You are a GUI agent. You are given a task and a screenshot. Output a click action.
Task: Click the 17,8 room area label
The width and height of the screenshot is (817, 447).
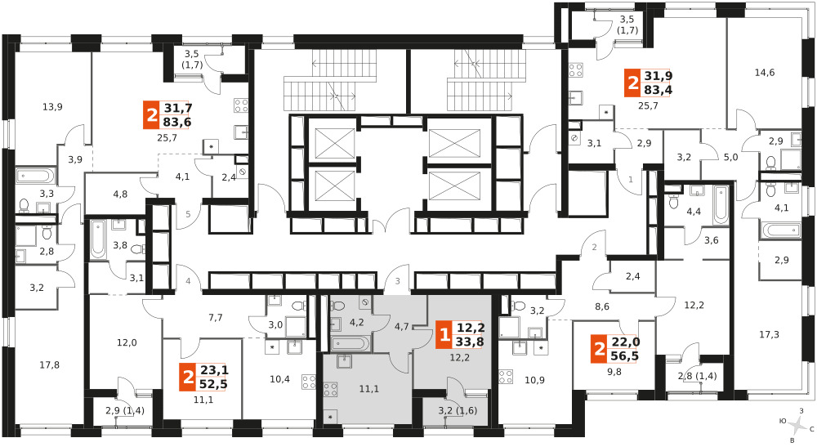tap(50, 365)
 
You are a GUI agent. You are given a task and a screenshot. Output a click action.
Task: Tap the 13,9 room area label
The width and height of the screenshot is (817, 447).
tap(52, 107)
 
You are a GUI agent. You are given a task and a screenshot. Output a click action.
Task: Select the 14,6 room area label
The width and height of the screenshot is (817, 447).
tap(765, 73)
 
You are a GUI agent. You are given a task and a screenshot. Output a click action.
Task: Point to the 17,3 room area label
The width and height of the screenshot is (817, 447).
tap(769, 334)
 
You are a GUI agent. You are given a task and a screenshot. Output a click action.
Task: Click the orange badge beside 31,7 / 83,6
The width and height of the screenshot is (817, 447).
tap(152, 115)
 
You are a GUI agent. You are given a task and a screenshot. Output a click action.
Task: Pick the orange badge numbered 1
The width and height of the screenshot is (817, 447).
tap(444, 334)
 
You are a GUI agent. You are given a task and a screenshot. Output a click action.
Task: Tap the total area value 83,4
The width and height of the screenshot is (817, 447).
tap(658, 90)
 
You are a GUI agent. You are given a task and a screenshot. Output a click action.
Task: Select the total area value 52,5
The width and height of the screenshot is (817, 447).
tap(213, 384)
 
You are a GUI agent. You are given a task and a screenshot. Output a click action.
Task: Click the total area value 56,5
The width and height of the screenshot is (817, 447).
tap(625, 355)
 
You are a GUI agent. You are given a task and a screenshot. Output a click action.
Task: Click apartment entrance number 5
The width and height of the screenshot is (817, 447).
tap(188, 213)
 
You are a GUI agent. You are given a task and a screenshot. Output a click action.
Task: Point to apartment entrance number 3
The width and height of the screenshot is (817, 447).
tap(398, 282)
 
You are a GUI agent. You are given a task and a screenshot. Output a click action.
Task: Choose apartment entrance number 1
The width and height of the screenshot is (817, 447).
tap(631, 180)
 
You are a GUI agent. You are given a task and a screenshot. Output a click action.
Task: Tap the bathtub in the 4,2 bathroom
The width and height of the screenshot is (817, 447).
tap(350, 343)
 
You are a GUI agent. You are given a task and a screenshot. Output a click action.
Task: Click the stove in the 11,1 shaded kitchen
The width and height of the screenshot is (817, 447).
tap(330, 390)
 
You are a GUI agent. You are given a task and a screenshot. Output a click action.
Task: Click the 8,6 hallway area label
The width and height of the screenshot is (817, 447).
tap(602, 307)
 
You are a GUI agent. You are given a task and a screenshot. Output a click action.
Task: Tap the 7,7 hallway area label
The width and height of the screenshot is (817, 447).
tap(215, 317)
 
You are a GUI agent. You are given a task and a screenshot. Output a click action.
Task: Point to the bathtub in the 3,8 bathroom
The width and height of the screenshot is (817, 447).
tap(98, 239)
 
